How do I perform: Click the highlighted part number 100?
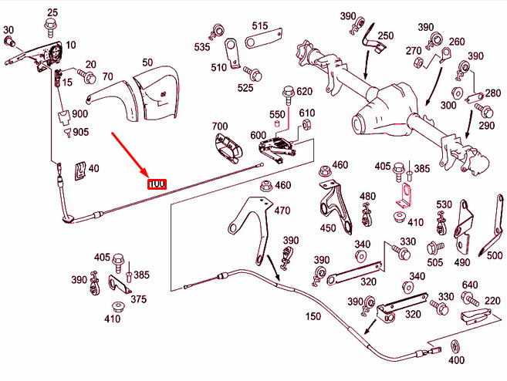pyautogui.click(x=156, y=184)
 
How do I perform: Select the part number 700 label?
pyautogui.click(x=220, y=126)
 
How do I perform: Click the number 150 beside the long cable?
pyautogui.click(x=313, y=316)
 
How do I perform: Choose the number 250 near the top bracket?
pyautogui.click(x=385, y=35)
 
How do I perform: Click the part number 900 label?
pyautogui.click(x=80, y=115)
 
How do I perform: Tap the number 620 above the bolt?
pyautogui.click(x=304, y=92)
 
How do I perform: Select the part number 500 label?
pyautogui.click(x=495, y=256)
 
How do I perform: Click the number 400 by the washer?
pyautogui.click(x=456, y=359)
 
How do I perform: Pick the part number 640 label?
pyautogui.click(x=470, y=285)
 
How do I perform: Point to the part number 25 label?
pyautogui.click(x=52, y=12)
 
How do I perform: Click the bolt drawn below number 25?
pyautogui.click(x=52, y=29)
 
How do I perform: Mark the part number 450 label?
pyautogui.click(x=329, y=228)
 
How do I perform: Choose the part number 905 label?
pyautogui.click(x=81, y=132)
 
